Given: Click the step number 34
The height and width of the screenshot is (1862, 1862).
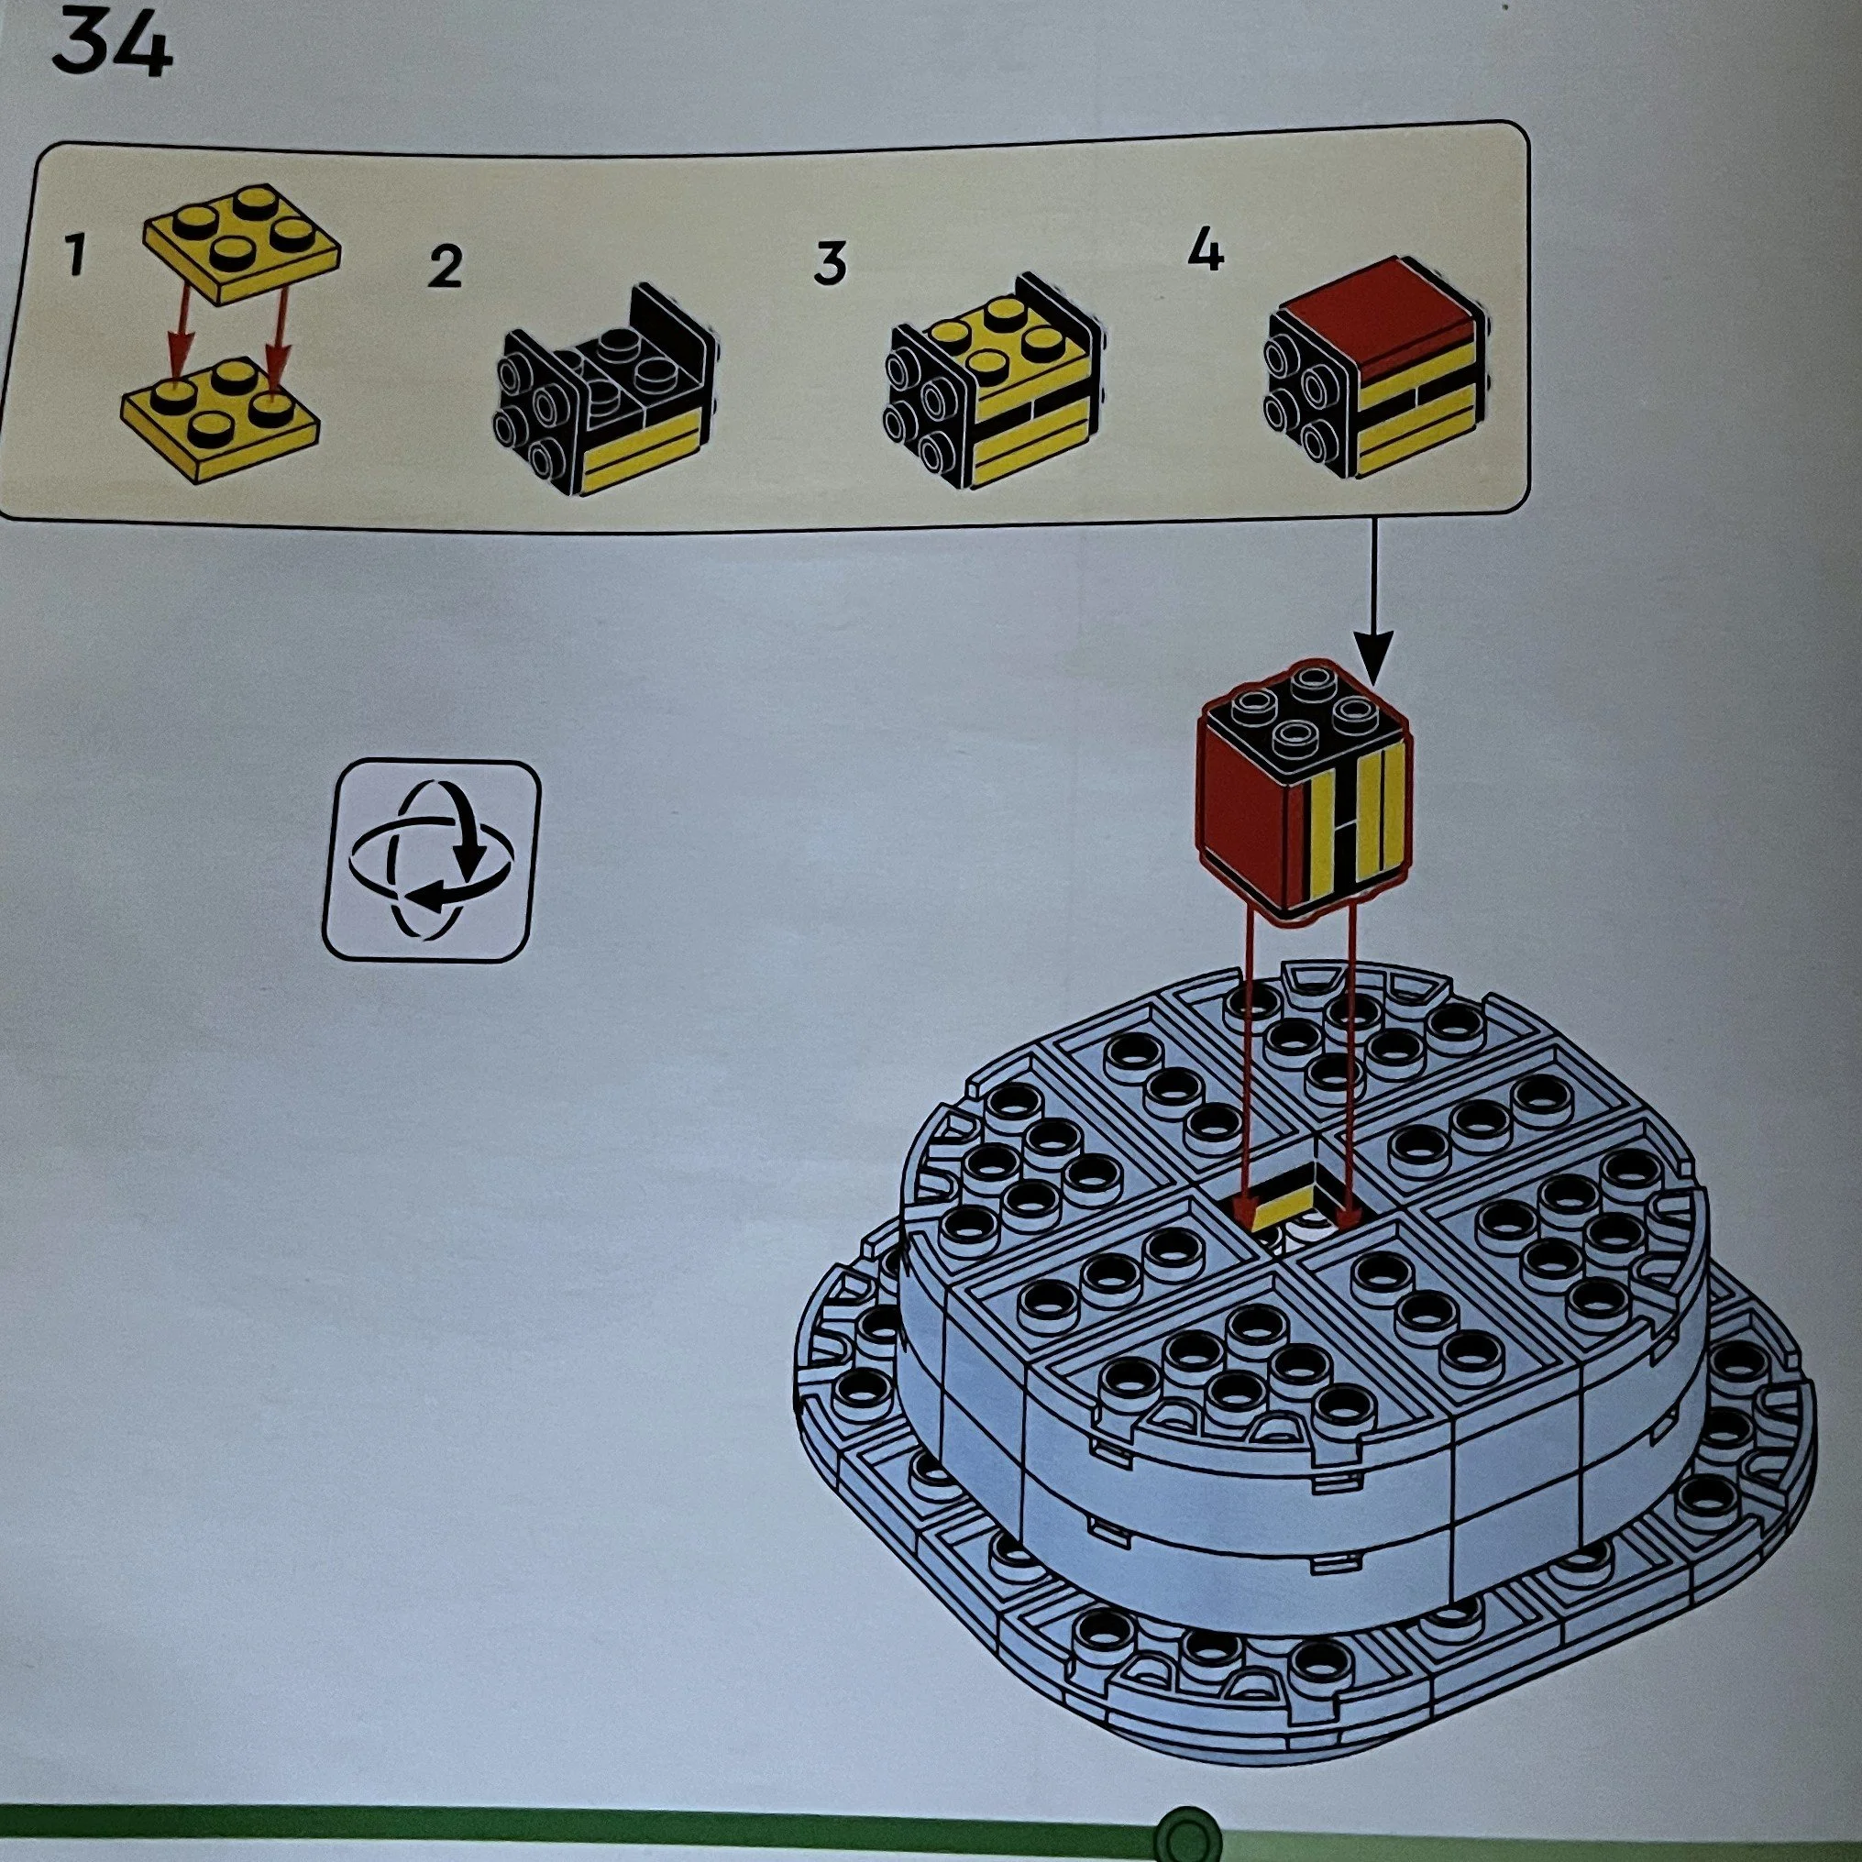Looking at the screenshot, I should [x=112, y=44].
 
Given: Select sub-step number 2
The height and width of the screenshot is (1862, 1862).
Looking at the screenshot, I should [x=446, y=267].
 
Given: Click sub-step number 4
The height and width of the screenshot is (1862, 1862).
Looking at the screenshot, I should [x=1206, y=252].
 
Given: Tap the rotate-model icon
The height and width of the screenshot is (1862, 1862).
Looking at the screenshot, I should [x=430, y=861].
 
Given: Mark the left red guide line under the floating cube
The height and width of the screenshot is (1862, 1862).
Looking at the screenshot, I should [x=1246, y=1060].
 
